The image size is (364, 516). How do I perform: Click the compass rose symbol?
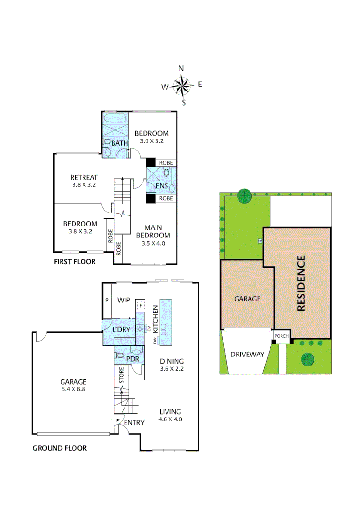tap(182, 86)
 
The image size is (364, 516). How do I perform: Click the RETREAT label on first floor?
tap(84, 177)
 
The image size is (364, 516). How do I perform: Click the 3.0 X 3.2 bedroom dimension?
tap(152, 141)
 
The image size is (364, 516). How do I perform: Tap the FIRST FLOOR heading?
tap(74, 262)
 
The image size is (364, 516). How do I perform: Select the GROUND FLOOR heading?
tap(60, 448)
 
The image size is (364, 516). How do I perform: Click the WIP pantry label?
tap(124, 301)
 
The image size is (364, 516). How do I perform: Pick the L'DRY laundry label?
tap(121, 330)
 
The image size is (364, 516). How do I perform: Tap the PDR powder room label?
tap(132, 359)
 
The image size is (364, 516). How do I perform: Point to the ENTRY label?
tap(134, 423)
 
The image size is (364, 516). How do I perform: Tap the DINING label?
tap(172, 361)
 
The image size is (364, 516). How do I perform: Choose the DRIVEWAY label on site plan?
tap(247, 355)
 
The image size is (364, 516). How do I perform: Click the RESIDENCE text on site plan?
tap(301, 283)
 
